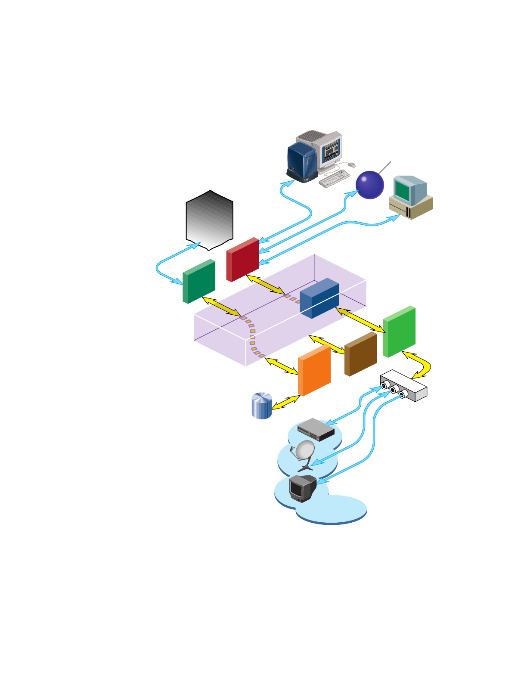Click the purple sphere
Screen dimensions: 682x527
point(370,185)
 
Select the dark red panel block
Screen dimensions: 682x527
point(242,260)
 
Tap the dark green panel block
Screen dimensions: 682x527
point(198,282)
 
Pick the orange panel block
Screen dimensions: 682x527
point(314,371)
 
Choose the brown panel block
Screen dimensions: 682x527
point(361,354)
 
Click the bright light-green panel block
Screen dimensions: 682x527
point(399,332)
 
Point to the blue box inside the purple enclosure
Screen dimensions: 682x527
point(319,298)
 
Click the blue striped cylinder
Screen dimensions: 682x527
point(262,406)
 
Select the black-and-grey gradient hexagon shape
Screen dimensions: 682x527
point(210,220)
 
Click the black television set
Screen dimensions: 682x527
point(303,489)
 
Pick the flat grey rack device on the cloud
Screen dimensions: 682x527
point(316,429)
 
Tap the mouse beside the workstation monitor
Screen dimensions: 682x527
point(351,165)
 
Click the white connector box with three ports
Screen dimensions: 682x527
point(403,386)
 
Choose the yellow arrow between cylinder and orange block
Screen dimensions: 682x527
point(285,402)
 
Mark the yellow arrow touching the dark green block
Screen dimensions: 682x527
point(221,307)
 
